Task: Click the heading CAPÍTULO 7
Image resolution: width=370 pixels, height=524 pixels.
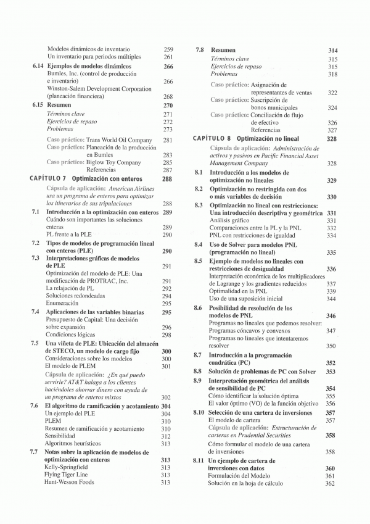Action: [x=48, y=178]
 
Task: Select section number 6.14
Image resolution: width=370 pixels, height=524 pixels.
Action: [x=38, y=65]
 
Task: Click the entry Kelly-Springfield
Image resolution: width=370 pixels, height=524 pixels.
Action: [x=70, y=467]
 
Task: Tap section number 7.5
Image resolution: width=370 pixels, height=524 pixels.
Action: [x=35, y=343]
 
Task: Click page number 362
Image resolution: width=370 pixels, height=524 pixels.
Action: [x=330, y=483]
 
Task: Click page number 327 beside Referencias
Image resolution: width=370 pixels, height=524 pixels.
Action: [x=332, y=130]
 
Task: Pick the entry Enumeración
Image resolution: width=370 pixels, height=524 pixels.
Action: [x=62, y=303]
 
